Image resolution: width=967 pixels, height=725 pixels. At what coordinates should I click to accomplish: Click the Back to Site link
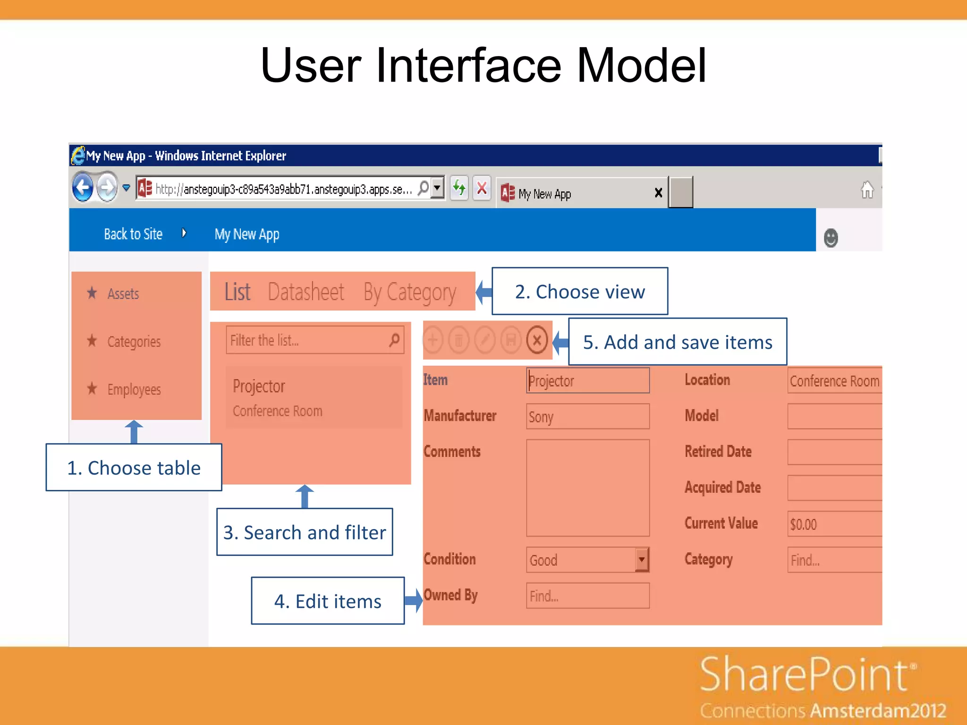tap(133, 234)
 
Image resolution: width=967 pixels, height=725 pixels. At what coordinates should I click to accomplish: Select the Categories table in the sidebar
tap(134, 341)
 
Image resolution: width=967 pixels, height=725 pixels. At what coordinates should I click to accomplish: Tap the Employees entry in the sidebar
tap(134, 389)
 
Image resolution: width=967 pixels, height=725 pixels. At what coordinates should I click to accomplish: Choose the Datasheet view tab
tap(306, 292)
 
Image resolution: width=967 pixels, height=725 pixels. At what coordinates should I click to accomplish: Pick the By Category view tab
tap(409, 293)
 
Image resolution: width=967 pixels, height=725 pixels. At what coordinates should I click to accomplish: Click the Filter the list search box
tap(307, 340)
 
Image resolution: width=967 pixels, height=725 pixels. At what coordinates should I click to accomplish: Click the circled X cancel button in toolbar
tap(537, 340)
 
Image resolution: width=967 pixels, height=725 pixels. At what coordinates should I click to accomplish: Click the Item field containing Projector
tap(588, 380)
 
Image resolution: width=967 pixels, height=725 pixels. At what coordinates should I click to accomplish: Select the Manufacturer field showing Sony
tap(588, 416)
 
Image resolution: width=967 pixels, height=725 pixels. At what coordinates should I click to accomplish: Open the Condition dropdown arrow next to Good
tap(642, 560)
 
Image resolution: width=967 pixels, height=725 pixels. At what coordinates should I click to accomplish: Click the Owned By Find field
tap(588, 596)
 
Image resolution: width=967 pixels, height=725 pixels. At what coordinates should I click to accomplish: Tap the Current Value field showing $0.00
tap(833, 524)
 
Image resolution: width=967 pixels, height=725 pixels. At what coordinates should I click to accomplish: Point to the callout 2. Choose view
tap(580, 292)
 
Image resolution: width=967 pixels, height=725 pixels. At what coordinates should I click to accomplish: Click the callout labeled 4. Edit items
tap(328, 601)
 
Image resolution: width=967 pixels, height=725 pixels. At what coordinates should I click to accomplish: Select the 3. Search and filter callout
tap(305, 532)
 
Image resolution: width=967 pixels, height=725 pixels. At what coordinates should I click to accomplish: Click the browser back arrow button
tap(83, 188)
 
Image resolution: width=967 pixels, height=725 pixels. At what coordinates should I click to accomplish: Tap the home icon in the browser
tap(867, 190)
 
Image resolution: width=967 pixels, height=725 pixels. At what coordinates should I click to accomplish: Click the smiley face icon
tap(831, 238)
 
